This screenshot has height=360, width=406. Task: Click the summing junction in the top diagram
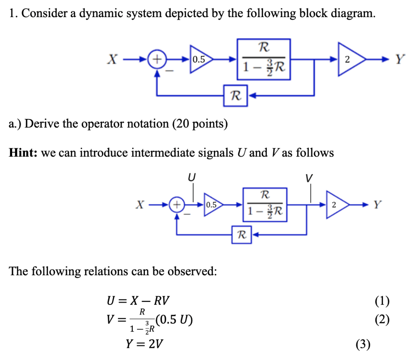157,59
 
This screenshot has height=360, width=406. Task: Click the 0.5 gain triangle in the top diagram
200,59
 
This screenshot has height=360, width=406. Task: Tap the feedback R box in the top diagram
236,96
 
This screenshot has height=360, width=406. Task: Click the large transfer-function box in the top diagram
264,59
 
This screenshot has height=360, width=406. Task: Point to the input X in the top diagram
112,59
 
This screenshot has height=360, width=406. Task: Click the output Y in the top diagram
400,59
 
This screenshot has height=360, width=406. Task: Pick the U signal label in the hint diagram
192,177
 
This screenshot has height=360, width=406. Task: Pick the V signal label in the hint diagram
309,178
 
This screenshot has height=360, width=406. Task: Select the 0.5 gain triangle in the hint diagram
212,205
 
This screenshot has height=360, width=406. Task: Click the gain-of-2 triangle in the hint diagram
336,205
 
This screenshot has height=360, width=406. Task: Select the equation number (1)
382,301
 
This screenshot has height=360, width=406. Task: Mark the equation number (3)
363,345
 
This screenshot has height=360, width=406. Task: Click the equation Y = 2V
145,344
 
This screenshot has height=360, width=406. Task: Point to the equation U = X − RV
139,301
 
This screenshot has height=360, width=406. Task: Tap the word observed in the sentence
193,271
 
